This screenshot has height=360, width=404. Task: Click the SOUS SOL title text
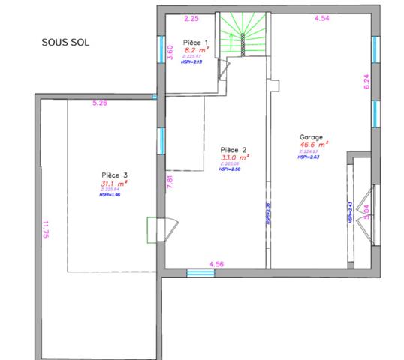[x=65, y=43]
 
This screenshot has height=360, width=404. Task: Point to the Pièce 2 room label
[x=234, y=149]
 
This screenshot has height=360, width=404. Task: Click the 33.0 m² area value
[x=235, y=158]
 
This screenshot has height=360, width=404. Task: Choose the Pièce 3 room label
[x=116, y=175]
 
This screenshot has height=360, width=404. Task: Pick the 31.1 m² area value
[x=114, y=183]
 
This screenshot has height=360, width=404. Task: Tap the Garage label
[x=311, y=138]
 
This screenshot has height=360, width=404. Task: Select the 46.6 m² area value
[x=314, y=145]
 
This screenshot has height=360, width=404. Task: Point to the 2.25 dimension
[x=191, y=17]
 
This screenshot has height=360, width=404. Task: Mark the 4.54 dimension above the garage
[x=322, y=16]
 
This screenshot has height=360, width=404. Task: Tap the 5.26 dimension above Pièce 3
[x=100, y=102]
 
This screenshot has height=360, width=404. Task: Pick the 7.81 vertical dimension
[x=170, y=181]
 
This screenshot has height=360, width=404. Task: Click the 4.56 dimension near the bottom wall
[x=217, y=263]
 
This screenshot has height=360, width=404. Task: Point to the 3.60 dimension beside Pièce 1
[x=170, y=52]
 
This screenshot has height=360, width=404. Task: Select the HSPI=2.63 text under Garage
[x=309, y=157]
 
